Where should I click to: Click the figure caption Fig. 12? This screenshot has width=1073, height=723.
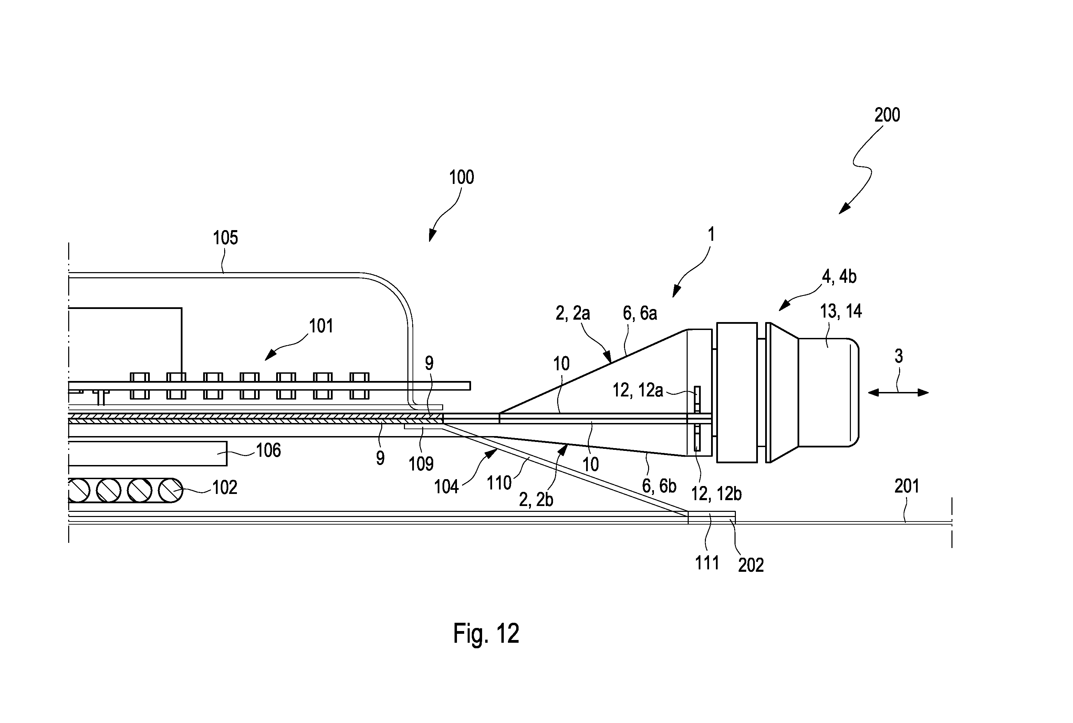point(486,633)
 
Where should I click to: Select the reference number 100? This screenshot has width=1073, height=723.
point(461,177)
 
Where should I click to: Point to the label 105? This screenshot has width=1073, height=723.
point(226,238)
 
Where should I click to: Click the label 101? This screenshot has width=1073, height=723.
point(321,326)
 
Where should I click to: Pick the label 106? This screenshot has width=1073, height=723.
point(268,450)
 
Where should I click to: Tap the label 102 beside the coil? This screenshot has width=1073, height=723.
point(225,487)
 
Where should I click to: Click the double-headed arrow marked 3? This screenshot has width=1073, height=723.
point(898,392)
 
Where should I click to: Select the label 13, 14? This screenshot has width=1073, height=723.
point(841,312)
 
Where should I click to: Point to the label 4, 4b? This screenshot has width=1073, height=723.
point(839,277)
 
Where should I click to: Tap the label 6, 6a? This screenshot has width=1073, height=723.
point(640,313)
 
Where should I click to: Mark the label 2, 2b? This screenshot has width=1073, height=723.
point(536,500)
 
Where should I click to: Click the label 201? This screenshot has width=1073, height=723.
point(907,486)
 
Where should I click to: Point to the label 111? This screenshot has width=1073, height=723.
point(707,563)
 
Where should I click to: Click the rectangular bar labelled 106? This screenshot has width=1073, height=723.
point(147,453)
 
